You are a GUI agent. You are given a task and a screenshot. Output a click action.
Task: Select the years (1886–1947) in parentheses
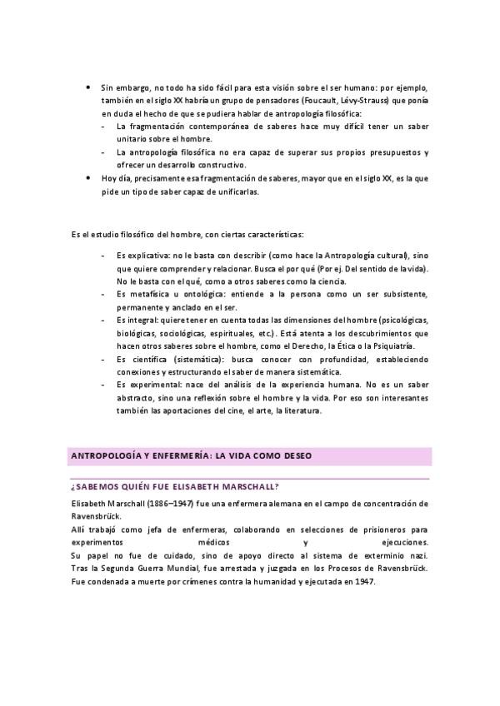(x=154, y=503)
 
